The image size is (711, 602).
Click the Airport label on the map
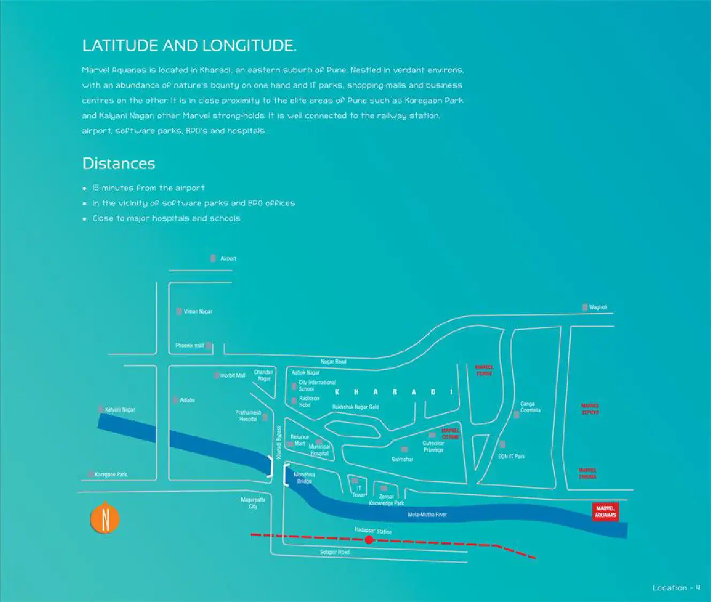[228, 259]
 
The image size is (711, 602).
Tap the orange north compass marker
[105, 519]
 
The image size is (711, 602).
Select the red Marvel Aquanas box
[605, 512]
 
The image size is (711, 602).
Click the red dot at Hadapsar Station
[369, 540]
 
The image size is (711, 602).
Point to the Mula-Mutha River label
[427, 515]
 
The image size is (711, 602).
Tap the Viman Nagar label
[198, 312]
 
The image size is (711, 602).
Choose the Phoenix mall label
[190, 346]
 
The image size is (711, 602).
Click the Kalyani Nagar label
[120, 410]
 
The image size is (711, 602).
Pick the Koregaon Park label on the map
[111, 475]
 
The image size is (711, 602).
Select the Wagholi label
[598, 307]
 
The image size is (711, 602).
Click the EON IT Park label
[511, 457]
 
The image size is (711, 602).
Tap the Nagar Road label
[334, 362]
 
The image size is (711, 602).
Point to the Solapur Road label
[335, 552]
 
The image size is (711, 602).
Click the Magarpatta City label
[253, 503]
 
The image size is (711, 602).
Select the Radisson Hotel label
[308, 402]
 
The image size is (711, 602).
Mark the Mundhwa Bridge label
[304, 478]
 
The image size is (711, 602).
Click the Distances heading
[119, 164]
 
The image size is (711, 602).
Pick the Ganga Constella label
[530, 407]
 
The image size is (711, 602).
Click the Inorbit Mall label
[233, 376]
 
